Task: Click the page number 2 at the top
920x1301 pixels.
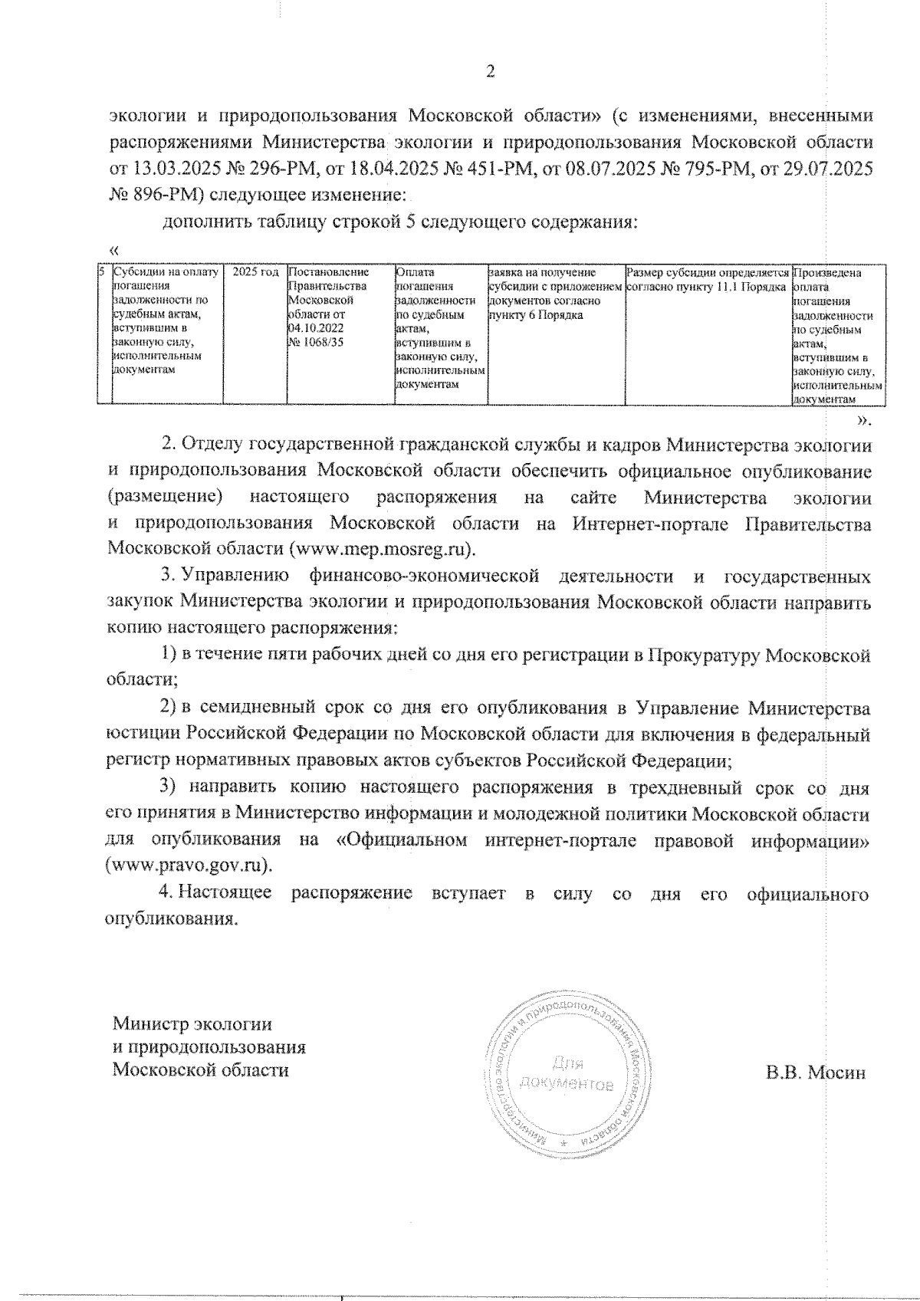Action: [491, 72]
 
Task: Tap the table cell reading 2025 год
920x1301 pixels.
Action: [255, 272]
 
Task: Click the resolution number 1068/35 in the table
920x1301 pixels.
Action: [315, 342]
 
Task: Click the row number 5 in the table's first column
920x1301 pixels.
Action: [102, 272]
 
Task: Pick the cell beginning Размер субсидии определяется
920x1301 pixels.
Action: [707, 279]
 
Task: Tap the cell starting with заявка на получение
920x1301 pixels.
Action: [552, 293]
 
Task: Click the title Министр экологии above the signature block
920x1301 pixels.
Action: [192, 1024]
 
